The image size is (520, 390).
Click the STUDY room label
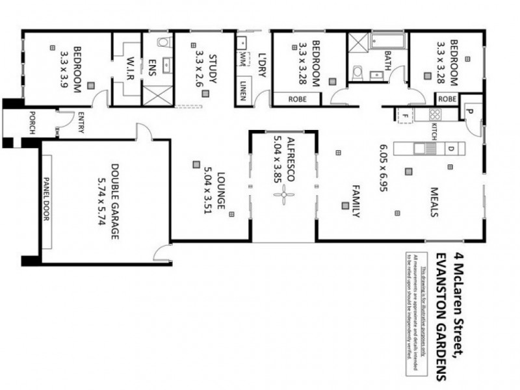212,68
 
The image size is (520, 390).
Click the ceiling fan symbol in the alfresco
284,198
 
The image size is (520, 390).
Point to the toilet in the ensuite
163,44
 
